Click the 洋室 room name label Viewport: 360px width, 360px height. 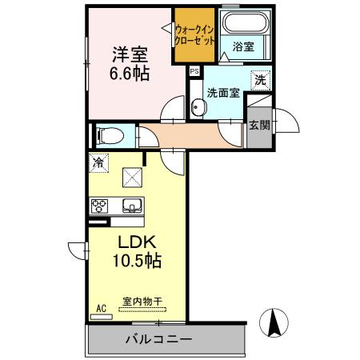tap(130, 54)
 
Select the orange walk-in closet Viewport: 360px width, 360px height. tap(194, 35)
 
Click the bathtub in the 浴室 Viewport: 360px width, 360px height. tap(245, 22)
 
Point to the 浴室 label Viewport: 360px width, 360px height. tap(243, 46)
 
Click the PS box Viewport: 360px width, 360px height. tap(194, 71)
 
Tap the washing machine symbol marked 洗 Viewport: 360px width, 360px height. tap(261, 80)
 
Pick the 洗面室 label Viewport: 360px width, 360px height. tap(223, 93)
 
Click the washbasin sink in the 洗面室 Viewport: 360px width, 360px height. tap(198, 107)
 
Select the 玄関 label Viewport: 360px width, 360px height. tap(259, 125)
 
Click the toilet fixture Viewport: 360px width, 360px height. tap(110, 136)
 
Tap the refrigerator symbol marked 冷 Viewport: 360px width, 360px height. tap(98, 162)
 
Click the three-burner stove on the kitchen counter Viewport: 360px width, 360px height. tap(99, 206)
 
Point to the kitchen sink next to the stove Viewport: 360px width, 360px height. tap(132, 206)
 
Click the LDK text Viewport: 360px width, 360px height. tap(137, 242)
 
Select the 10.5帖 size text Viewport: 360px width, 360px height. tap(137, 260)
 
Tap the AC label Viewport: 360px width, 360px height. tap(102, 309)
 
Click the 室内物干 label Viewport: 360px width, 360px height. tap(142, 302)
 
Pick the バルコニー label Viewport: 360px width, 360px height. tap(159, 339)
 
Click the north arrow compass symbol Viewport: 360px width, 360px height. tap(274, 322)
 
